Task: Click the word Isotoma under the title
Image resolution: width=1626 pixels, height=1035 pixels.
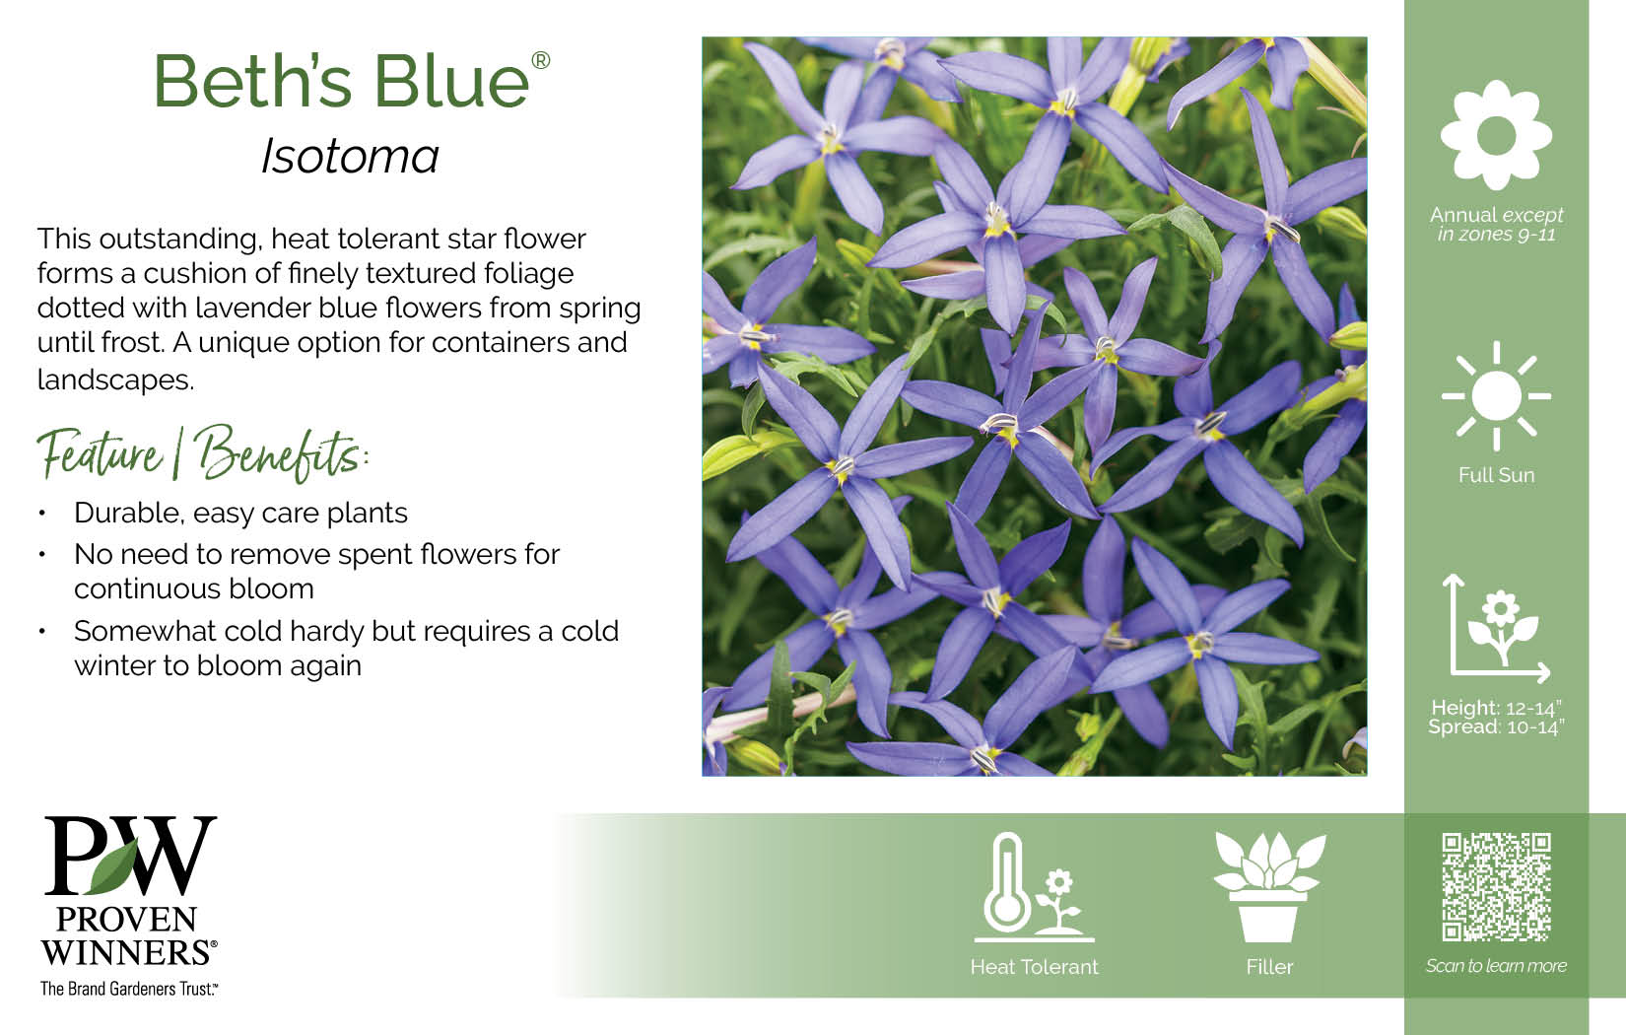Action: point(350,156)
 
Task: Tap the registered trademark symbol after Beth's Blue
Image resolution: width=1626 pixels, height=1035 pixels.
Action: point(541,60)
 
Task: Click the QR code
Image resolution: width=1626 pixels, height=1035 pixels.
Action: point(1496,887)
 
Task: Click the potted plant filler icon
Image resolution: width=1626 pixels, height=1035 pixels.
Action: point(1269,887)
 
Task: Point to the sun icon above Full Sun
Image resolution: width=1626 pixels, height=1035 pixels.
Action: point(1496,396)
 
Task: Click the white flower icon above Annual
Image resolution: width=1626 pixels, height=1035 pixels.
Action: point(1496,135)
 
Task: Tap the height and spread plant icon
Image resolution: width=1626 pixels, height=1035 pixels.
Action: point(1496,629)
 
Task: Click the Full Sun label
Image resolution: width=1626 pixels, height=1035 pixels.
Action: point(1496,475)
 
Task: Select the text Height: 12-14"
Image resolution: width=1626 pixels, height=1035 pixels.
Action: point(1496,708)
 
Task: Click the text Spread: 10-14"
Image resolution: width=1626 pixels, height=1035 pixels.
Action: point(1496,727)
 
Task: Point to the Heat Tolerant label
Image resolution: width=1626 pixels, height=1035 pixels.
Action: point(1035,967)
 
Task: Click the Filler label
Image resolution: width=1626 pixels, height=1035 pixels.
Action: point(1269,967)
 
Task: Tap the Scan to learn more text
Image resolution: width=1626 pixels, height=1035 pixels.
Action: point(1496,965)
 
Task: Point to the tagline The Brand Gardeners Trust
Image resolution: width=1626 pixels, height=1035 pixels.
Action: point(129,989)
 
